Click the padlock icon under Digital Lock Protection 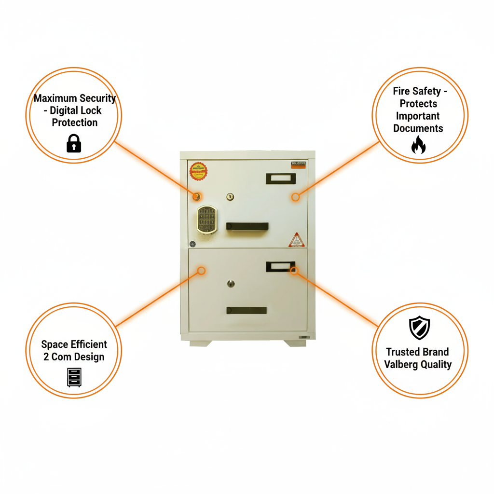(x=73, y=143)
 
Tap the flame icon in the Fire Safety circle (x=418, y=145)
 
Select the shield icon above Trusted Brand (x=419, y=329)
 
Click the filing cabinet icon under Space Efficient (x=74, y=377)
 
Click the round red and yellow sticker (x=198, y=171)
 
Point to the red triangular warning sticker (x=296, y=240)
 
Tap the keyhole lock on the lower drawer (x=231, y=284)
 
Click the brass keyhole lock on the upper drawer (x=230, y=196)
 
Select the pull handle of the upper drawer (x=247, y=226)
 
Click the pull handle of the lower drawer (x=247, y=310)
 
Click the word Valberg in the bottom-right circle (x=401, y=364)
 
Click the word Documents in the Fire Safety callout (x=418, y=128)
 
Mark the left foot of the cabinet (x=200, y=343)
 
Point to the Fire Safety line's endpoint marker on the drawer (x=295, y=197)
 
